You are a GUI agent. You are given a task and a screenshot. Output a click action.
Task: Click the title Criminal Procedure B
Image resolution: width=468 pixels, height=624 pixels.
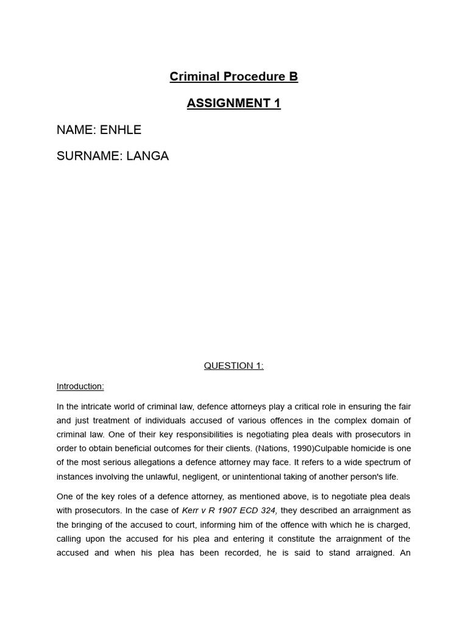[233, 77]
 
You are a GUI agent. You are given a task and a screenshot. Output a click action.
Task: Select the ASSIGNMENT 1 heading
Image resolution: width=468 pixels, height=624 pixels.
[233, 103]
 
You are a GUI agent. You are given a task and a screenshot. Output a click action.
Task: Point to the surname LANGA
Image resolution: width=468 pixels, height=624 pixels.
[147, 156]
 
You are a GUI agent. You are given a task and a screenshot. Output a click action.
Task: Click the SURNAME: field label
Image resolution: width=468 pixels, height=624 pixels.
[90, 156]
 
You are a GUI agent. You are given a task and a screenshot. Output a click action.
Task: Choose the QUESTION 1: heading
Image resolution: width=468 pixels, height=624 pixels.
[233, 366]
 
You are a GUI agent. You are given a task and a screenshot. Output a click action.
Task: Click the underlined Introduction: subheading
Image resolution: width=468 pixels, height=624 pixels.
[80, 386]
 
